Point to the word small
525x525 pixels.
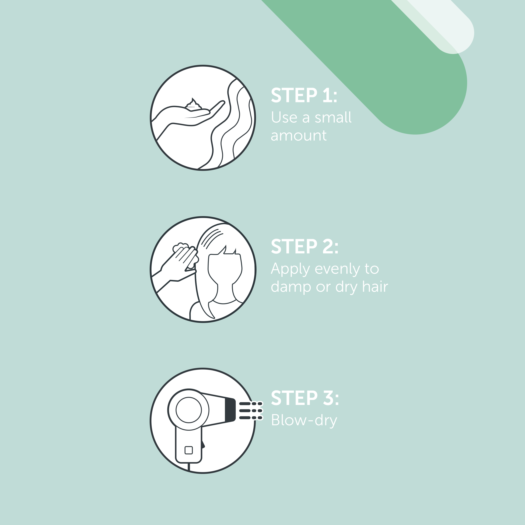coord(333,117)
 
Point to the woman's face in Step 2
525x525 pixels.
coord(225,269)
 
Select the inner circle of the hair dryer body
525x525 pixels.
coord(189,410)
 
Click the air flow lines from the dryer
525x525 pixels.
coord(251,411)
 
